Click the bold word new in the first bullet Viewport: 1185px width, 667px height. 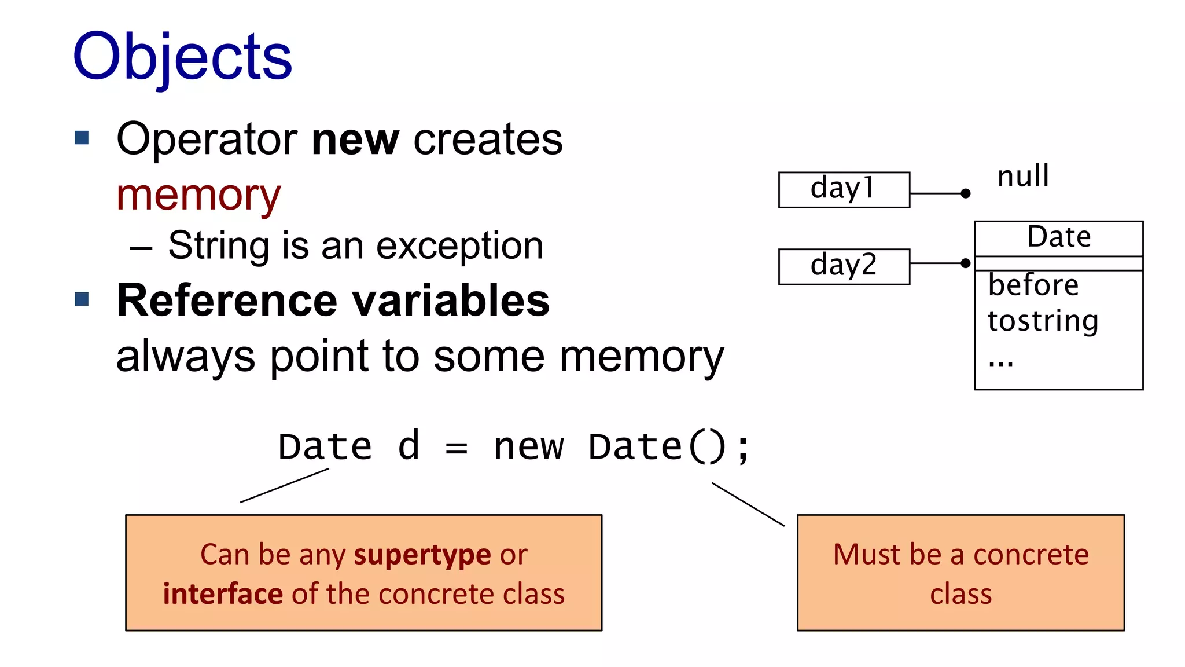(355, 140)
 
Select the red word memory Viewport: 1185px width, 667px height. (198, 196)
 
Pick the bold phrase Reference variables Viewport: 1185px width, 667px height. (333, 300)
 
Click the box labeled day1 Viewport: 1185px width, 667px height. (844, 189)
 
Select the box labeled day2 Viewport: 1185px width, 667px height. (844, 266)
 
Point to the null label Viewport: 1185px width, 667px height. (1023, 177)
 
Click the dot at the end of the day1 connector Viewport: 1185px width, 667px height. (965, 193)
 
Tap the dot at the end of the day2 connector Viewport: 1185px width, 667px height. (965, 263)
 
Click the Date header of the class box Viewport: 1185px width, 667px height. (1058, 237)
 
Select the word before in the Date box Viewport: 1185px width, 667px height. (1033, 285)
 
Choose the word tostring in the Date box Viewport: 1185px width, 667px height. (1043, 321)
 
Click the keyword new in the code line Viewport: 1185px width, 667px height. (528, 448)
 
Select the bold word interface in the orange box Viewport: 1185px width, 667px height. (223, 594)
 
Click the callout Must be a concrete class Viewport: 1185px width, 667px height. (960, 573)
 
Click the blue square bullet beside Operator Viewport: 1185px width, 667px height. (82, 138)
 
